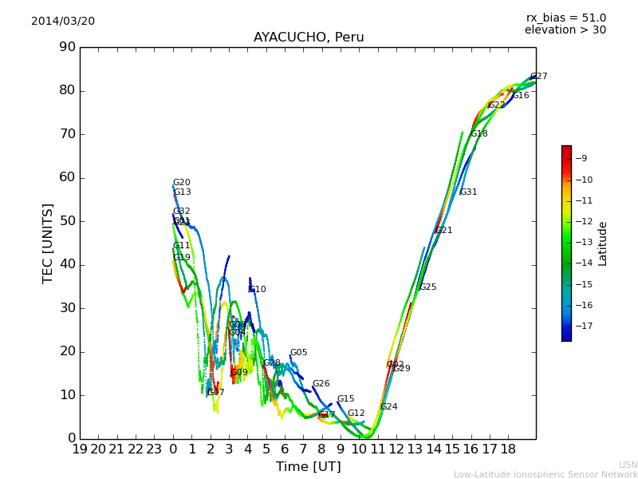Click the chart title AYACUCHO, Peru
(x=309, y=38)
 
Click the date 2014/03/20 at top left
(x=63, y=22)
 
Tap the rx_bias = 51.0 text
(x=565, y=18)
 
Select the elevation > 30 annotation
(x=565, y=30)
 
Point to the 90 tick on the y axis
(x=67, y=47)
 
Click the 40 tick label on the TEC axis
(x=67, y=264)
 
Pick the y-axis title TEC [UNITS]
(x=48, y=243)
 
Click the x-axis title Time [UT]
(x=308, y=466)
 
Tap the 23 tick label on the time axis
(x=154, y=449)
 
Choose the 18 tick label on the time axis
(x=508, y=449)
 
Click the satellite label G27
(x=538, y=77)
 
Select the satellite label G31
(x=468, y=192)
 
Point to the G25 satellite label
(x=427, y=287)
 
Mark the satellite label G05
(x=298, y=353)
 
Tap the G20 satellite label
(x=181, y=183)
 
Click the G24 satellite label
(x=388, y=407)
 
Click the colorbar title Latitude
(x=603, y=243)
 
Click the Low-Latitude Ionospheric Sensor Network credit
(x=545, y=475)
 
